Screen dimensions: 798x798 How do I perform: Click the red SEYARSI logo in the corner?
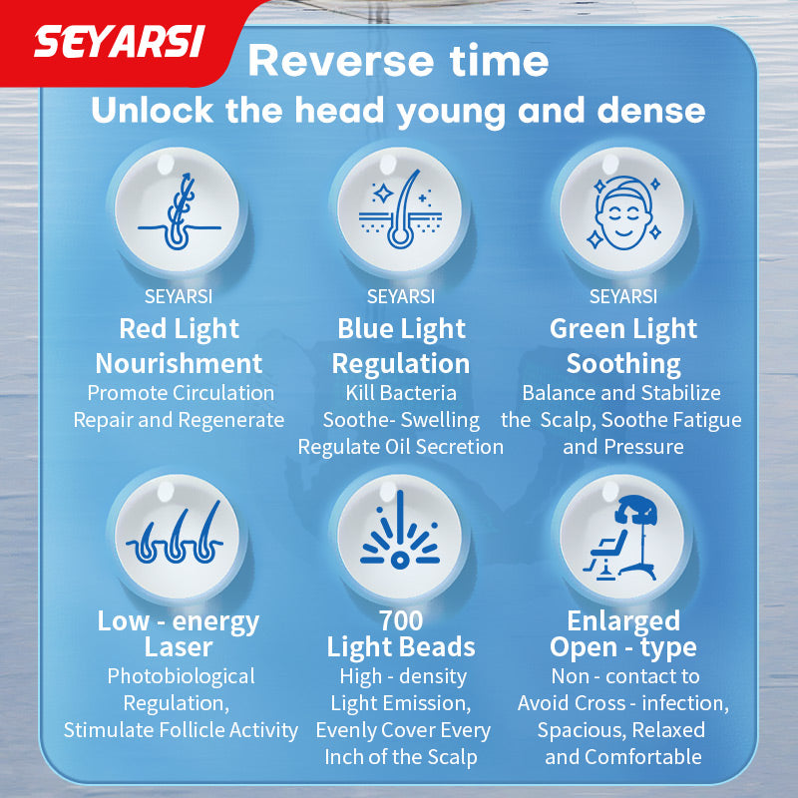120,41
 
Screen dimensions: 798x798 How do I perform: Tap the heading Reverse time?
398,61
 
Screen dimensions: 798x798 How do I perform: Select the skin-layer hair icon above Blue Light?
401,209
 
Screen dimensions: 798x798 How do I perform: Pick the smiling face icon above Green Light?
622,209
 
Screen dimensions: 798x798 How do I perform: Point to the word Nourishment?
180,363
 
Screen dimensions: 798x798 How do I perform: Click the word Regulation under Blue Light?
401,363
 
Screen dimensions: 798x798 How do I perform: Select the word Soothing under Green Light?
623,363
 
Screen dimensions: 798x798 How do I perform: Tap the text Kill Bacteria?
401,393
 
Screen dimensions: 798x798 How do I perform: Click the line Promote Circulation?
180,393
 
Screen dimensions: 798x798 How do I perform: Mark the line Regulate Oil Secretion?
401,447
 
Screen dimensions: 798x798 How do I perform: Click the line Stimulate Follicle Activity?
181,730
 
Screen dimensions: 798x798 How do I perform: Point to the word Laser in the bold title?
180,647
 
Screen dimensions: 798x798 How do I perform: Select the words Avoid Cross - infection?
622,703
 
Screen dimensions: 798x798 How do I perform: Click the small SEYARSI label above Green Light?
623,297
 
